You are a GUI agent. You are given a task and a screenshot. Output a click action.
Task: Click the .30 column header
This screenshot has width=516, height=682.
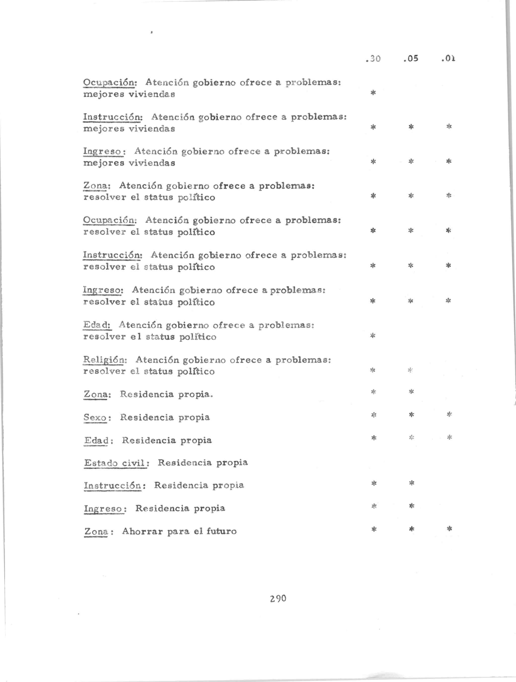[x=373, y=59]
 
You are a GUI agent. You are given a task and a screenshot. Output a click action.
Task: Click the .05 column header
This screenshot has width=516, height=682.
[x=411, y=59]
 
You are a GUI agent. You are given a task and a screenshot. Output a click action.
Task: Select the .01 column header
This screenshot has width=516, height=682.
[x=448, y=59]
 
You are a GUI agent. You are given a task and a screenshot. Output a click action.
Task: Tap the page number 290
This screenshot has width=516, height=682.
[x=278, y=599]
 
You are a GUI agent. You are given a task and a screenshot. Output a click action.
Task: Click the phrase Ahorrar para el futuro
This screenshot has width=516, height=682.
[x=179, y=531]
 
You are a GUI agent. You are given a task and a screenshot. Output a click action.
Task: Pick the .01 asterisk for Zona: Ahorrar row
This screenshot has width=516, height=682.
[x=449, y=529]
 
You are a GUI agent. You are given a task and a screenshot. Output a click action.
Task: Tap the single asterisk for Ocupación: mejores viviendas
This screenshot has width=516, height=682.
[x=373, y=93]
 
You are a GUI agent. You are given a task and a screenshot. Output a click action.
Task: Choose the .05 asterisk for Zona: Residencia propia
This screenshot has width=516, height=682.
[x=411, y=392]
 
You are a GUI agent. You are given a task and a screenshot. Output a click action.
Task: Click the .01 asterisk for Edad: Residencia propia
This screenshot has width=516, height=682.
[x=449, y=437]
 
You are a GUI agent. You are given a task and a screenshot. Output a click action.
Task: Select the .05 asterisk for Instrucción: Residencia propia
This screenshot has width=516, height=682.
[x=411, y=483]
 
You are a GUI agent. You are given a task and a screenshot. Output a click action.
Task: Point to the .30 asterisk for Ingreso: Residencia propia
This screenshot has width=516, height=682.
[x=374, y=506]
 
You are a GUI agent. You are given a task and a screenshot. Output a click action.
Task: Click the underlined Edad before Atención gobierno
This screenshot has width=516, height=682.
[x=97, y=325]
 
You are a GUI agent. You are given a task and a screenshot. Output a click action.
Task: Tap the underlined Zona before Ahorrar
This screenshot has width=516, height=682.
[x=96, y=532]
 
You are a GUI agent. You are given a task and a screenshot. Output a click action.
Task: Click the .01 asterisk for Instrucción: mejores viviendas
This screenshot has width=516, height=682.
[x=449, y=126]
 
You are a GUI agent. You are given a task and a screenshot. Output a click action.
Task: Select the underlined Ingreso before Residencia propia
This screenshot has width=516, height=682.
[x=104, y=508]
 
